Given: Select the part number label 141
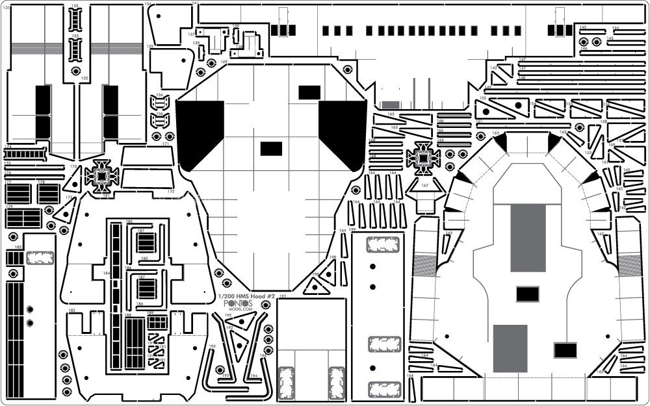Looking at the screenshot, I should (x=196, y=4).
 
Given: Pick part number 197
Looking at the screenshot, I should (x=282, y=296).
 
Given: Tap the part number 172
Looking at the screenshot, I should (x=170, y=192).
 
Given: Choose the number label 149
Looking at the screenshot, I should (x=487, y=88).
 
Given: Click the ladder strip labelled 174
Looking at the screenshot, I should (x=25, y=153).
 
